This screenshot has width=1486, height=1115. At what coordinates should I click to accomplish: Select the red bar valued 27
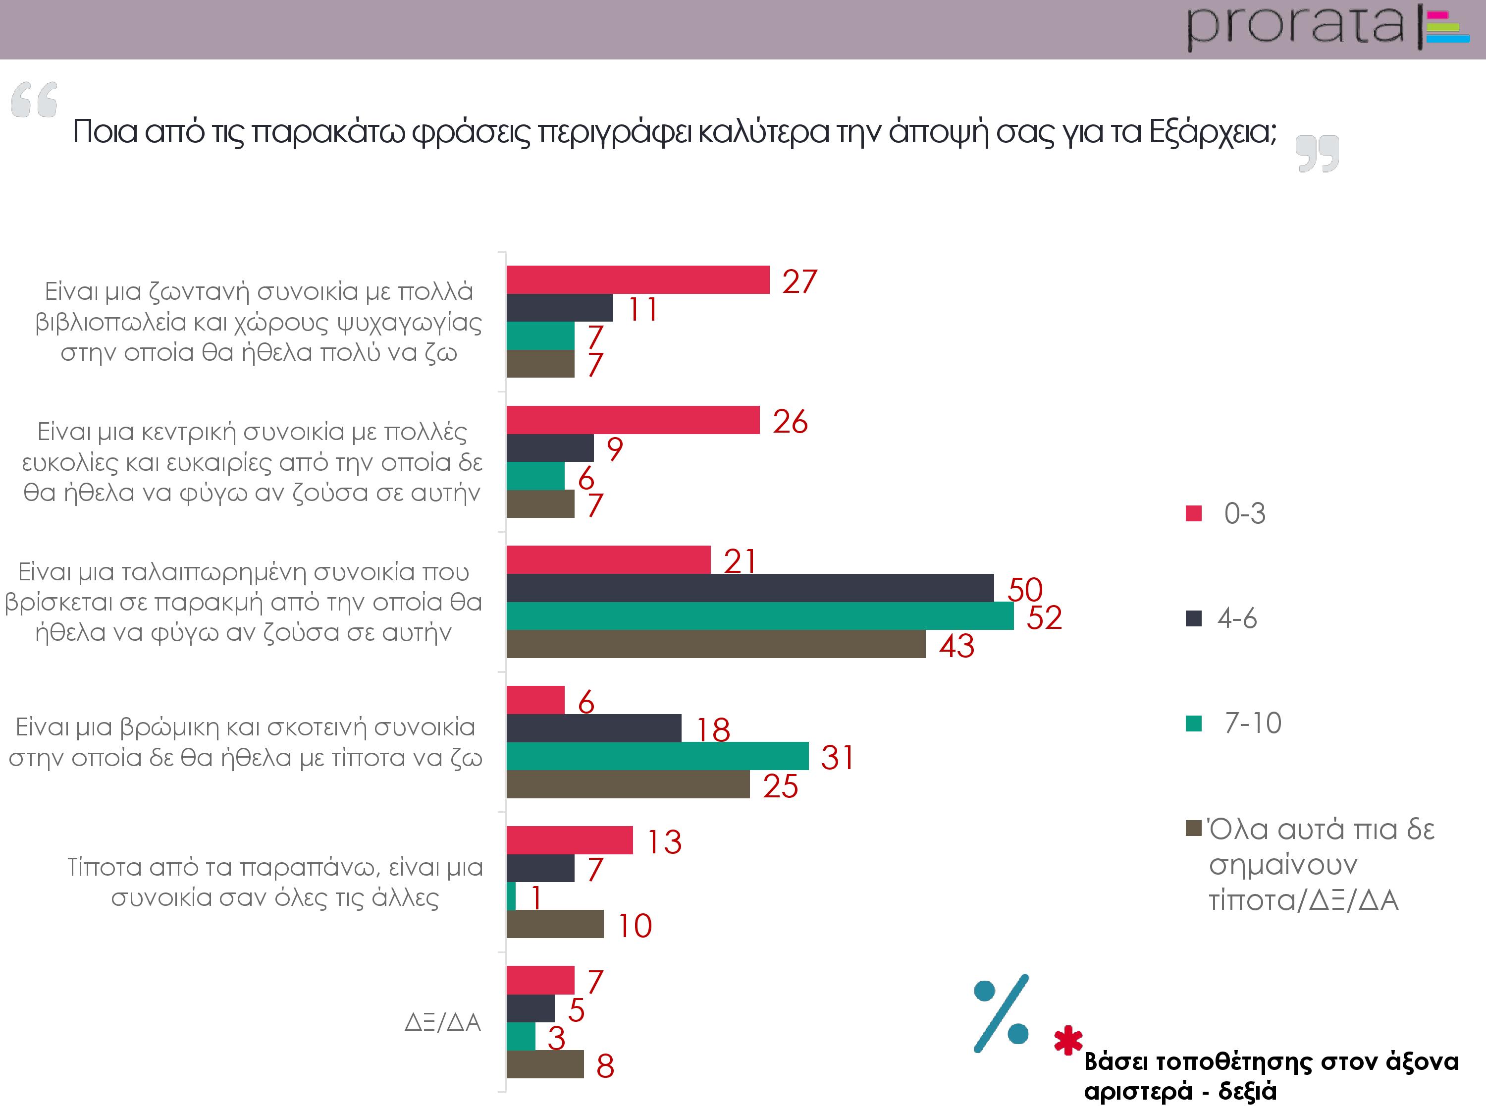click(x=637, y=279)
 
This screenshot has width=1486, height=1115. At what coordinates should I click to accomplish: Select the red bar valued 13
click(x=569, y=840)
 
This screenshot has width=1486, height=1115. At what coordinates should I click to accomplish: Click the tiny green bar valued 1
click(x=511, y=896)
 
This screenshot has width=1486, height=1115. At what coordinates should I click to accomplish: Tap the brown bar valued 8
click(x=545, y=1064)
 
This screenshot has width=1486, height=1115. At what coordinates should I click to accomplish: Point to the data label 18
click(x=713, y=730)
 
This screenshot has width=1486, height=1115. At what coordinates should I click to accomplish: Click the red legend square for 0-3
click(x=1193, y=513)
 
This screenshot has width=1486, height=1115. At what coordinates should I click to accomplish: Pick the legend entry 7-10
click(x=1252, y=723)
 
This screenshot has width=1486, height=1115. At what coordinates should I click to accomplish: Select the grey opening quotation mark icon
click(x=34, y=100)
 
